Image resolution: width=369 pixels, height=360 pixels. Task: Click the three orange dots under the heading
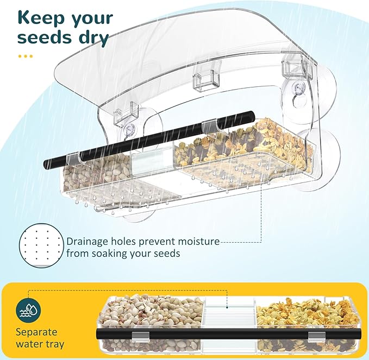tap(25, 56)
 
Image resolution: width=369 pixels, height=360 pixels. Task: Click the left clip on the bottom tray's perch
tap(140, 335)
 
